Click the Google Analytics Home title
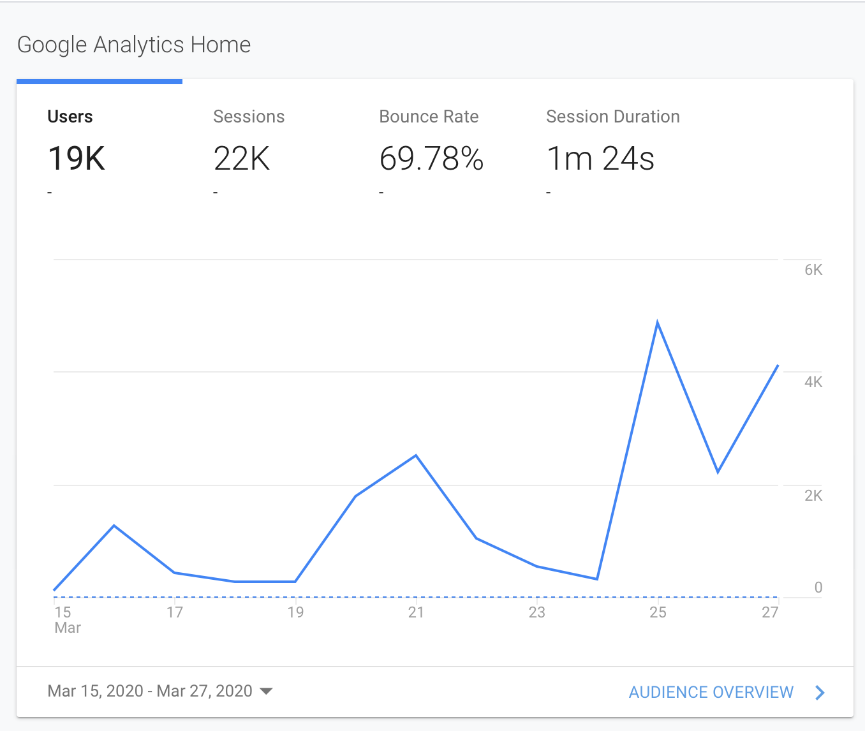pyautogui.click(x=134, y=45)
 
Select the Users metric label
pyautogui.click(x=70, y=117)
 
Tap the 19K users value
pyautogui.click(x=77, y=159)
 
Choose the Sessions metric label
pyautogui.click(x=249, y=117)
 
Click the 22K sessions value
pyautogui.click(x=242, y=159)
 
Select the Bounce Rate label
pyautogui.click(x=429, y=117)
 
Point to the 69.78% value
pyautogui.click(x=431, y=159)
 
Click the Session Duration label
pyautogui.click(x=613, y=117)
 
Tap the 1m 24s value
pyautogui.click(x=600, y=159)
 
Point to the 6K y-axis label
pyautogui.click(x=813, y=270)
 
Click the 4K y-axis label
pyautogui.click(x=813, y=382)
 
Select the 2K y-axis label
pyautogui.click(x=813, y=496)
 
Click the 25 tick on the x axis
pyautogui.click(x=658, y=612)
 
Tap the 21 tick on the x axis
pyautogui.click(x=416, y=612)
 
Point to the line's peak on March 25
pyautogui.click(x=657, y=323)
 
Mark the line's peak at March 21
pyautogui.click(x=416, y=455)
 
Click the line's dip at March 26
pyautogui.click(x=718, y=472)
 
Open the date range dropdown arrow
pyautogui.click(x=267, y=691)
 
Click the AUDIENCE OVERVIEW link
pyautogui.click(x=711, y=692)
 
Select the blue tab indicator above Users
pyautogui.click(x=100, y=82)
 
